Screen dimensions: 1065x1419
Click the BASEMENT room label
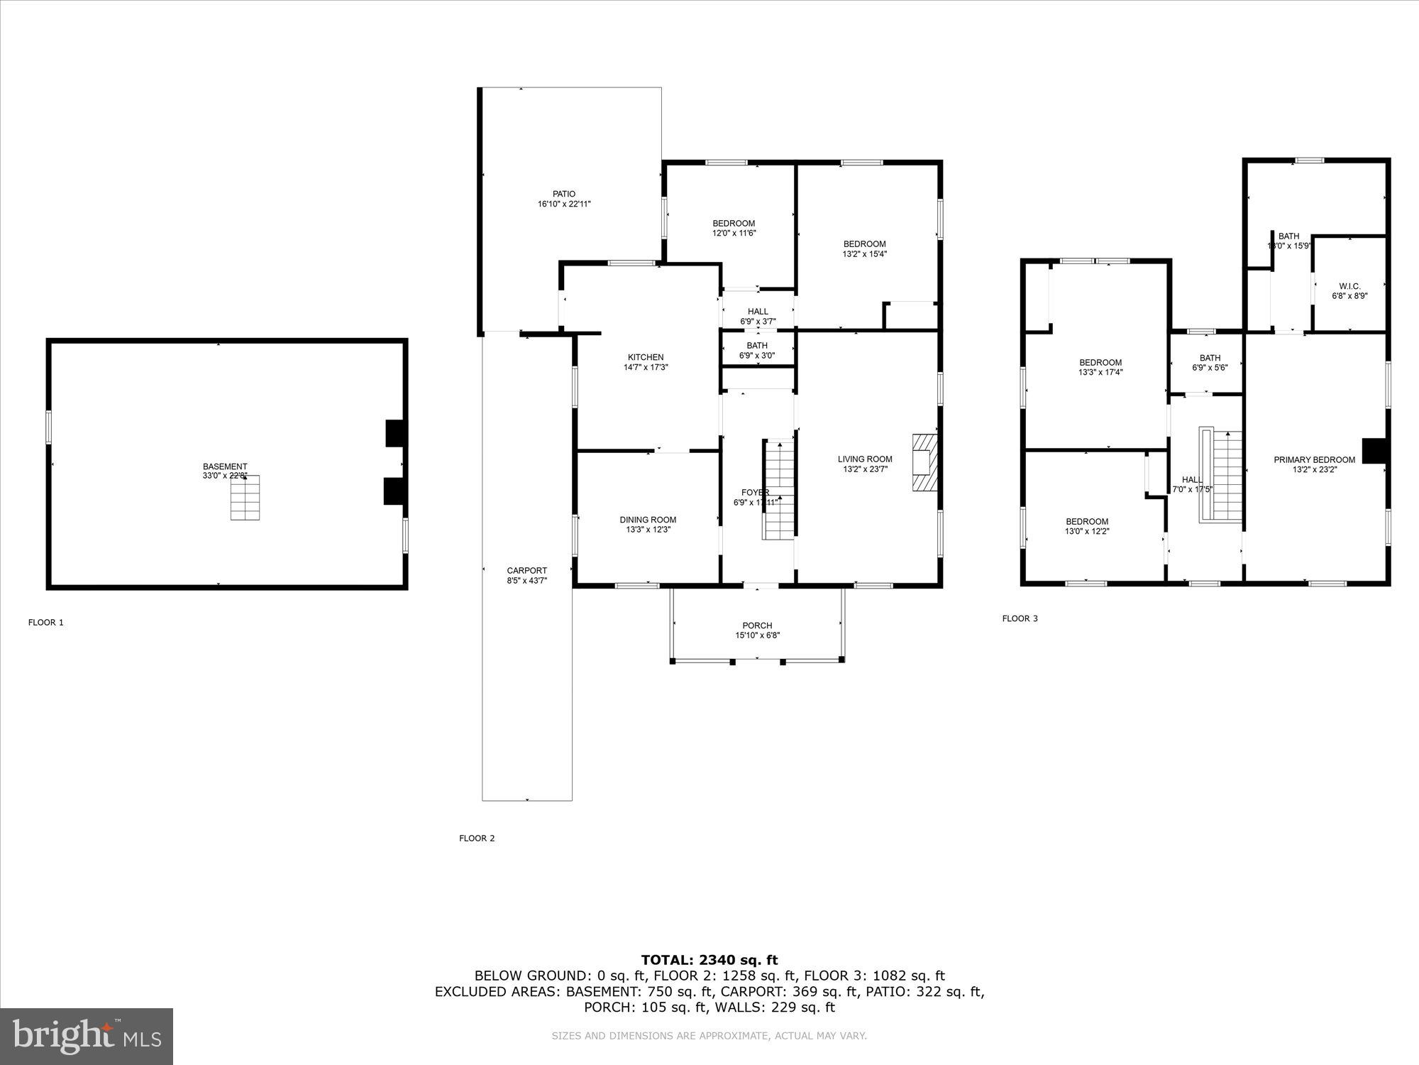point(225,466)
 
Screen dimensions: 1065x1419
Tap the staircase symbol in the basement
point(245,498)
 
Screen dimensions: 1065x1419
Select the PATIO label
point(564,194)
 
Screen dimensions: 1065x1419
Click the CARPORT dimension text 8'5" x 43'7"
point(527,581)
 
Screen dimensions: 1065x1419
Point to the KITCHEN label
point(646,357)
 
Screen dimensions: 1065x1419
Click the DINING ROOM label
point(648,520)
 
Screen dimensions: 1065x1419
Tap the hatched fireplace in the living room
point(924,463)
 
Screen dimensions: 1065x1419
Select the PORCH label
point(758,626)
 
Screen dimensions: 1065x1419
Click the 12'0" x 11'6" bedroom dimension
point(734,233)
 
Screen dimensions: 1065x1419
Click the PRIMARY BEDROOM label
point(1314,459)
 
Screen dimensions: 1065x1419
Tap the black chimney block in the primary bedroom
point(1374,451)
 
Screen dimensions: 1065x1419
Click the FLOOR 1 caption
point(46,623)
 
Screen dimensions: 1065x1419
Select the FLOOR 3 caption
point(1020,618)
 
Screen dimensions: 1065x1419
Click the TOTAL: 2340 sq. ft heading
point(709,960)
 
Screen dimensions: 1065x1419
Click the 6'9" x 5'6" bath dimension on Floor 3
point(1210,368)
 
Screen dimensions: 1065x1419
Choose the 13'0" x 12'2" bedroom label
point(1086,531)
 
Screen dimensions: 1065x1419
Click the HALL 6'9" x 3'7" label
point(758,316)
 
